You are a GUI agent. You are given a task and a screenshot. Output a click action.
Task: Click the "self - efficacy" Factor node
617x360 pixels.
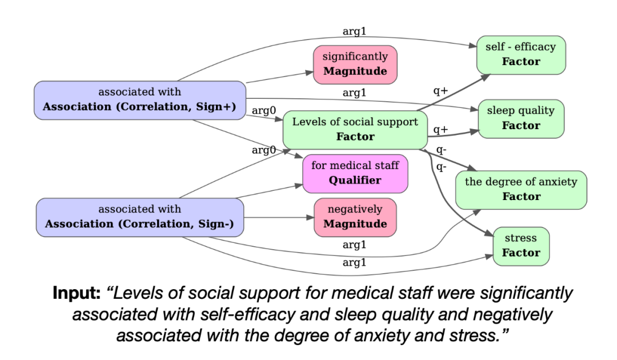point(521,54)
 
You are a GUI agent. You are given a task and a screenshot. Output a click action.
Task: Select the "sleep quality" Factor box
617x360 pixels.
point(520,119)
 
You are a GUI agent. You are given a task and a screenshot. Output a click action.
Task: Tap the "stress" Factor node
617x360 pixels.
point(521,246)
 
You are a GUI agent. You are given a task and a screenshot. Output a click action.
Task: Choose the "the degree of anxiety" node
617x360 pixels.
point(520,190)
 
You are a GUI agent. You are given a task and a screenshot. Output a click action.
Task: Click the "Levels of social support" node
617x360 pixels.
point(355,129)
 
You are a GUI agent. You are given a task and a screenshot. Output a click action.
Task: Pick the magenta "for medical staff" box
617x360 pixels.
point(355,173)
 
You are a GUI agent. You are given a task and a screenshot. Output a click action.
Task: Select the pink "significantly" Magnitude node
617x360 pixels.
point(355,64)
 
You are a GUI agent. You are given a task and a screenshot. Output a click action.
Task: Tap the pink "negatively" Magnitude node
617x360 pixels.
point(355,217)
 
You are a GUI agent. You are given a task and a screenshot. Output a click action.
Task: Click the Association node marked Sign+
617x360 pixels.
point(140,101)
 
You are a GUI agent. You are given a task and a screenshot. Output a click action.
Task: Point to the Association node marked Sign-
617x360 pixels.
point(140,217)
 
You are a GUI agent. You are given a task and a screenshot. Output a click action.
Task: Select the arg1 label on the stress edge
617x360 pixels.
point(354,263)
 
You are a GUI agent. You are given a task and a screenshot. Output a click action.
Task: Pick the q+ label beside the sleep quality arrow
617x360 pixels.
point(440,130)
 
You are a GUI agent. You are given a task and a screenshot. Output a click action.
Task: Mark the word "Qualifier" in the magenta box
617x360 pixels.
point(355,181)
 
